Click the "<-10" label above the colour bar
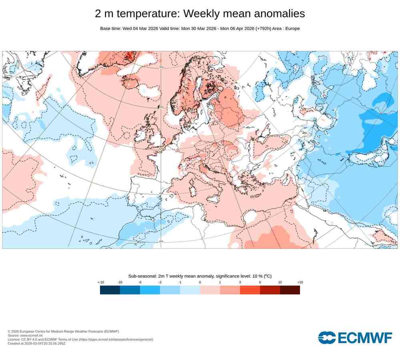coord(101,282)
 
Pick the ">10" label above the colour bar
coord(300,282)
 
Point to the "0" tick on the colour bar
coord(200,282)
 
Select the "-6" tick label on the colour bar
coord(140,282)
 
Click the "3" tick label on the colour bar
coord(240,282)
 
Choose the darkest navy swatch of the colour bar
coord(110,290)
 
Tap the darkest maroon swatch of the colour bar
coord(290,290)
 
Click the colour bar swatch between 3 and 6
coord(250,290)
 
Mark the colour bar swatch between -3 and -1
coord(170,290)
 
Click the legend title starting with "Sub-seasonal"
coord(200,276)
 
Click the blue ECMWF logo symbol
coord(327,338)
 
